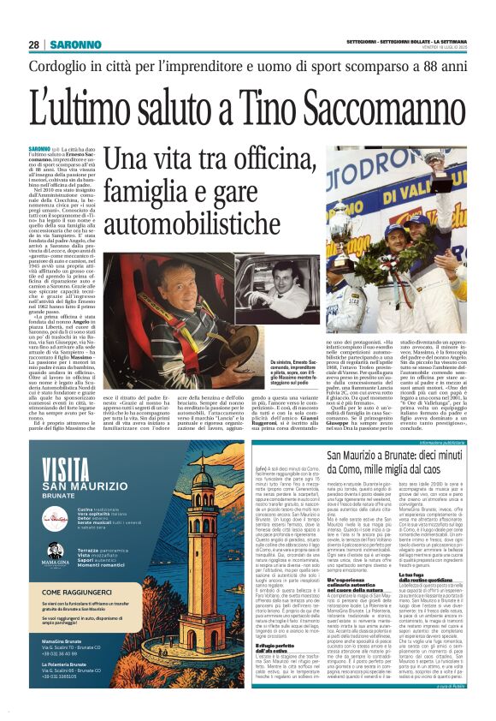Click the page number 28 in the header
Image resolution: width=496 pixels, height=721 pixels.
[x=33, y=45]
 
